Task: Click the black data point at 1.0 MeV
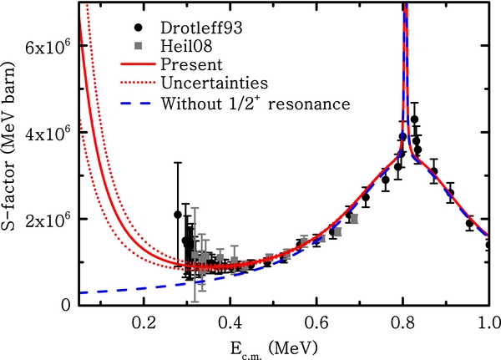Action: click(489, 245)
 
